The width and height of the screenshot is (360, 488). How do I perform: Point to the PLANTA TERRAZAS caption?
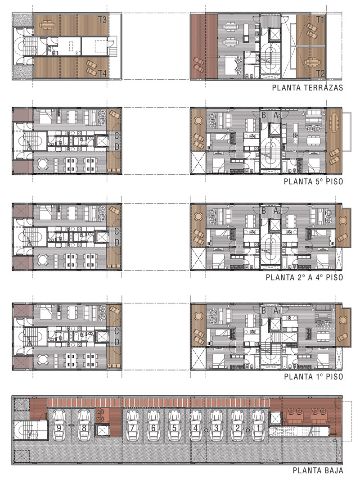click(x=307, y=87)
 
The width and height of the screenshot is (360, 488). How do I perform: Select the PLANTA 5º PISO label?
click(x=313, y=181)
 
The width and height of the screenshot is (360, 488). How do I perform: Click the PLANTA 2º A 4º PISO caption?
click(x=304, y=277)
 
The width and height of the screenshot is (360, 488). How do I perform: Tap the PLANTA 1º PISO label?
click(x=313, y=376)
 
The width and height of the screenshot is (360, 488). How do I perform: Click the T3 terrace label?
click(x=102, y=20)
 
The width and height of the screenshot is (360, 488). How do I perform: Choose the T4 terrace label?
click(x=102, y=73)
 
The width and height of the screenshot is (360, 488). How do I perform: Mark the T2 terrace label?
click(x=320, y=73)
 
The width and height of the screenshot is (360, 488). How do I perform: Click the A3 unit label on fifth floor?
click(x=277, y=116)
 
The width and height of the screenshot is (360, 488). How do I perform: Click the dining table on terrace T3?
click(x=47, y=25)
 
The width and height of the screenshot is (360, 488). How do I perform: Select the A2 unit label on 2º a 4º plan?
click(x=277, y=211)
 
